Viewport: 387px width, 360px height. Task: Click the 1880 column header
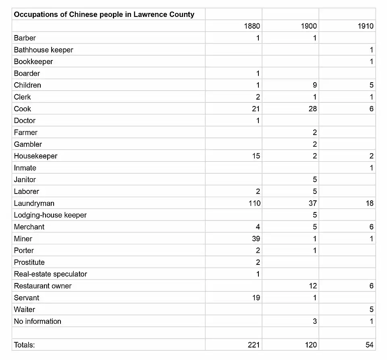(x=252, y=26)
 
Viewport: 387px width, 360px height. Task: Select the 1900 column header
(x=309, y=26)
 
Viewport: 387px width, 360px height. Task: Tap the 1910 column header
(x=366, y=26)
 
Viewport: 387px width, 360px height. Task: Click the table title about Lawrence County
(x=104, y=15)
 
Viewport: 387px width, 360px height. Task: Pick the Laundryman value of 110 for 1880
(x=254, y=203)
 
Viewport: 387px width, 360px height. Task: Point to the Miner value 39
(x=256, y=239)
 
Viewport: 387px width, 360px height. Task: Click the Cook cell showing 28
(x=312, y=109)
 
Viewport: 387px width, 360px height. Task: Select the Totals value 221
(x=254, y=345)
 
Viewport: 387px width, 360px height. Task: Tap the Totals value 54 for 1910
(x=369, y=345)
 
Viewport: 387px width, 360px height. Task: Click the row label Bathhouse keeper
(x=44, y=50)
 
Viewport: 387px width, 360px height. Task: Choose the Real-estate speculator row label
(x=50, y=274)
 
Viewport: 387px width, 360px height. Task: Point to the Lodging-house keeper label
(x=50, y=215)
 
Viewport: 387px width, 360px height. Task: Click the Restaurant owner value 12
(x=313, y=286)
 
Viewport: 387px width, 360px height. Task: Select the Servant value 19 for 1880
(x=256, y=298)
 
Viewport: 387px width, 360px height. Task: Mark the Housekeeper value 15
(x=256, y=156)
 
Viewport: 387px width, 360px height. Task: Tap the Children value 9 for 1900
(x=314, y=85)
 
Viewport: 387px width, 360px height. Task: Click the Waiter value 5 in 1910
(x=371, y=310)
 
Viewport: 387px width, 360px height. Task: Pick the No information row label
(x=37, y=321)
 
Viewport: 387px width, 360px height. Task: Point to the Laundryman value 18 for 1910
(x=369, y=203)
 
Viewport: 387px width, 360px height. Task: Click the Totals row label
(x=25, y=345)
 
